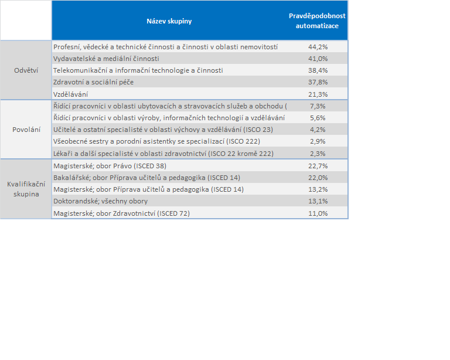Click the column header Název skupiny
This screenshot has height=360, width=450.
(169, 21)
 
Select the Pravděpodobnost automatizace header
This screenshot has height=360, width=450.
(317, 21)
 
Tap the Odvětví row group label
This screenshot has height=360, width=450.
(26, 70)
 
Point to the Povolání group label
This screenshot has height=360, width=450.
(26, 130)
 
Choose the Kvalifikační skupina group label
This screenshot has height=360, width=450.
(26, 189)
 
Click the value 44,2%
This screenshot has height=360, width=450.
(318, 47)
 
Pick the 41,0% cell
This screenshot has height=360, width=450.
(318, 59)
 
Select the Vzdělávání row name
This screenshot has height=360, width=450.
(70, 94)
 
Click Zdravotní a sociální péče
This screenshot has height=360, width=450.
(94, 82)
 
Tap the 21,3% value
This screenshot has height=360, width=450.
(318, 94)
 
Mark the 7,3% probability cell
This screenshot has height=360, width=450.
(318, 106)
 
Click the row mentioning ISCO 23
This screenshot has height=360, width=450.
(163, 130)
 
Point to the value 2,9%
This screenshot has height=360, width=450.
(318, 141)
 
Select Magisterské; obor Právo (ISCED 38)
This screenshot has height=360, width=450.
(110, 166)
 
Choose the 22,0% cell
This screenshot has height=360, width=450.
(318, 178)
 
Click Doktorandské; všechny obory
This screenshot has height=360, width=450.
(100, 201)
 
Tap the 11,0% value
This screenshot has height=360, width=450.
(318, 213)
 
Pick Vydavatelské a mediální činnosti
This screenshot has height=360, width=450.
(106, 59)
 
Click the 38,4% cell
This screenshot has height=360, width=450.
(318, 70)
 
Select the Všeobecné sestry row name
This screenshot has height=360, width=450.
(156, 141)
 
